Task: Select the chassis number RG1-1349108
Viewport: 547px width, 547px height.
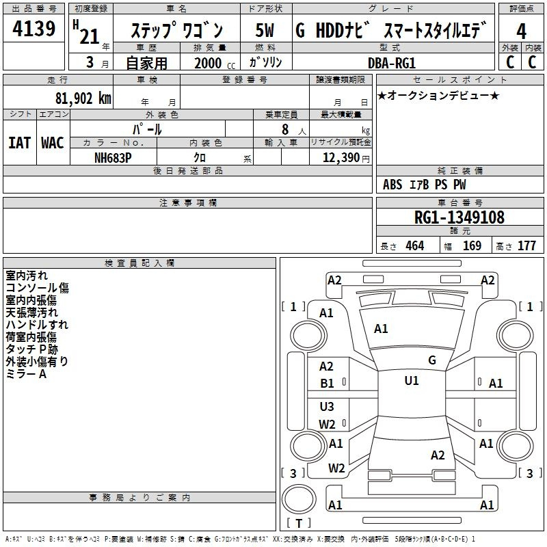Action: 459,217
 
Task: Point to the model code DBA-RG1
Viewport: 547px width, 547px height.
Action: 392,62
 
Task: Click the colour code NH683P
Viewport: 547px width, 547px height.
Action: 113,157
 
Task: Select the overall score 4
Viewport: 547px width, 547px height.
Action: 521,31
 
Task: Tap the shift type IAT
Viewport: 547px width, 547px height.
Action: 18,142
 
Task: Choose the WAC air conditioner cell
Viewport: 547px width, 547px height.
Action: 52,142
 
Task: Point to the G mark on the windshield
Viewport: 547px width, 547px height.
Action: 432,360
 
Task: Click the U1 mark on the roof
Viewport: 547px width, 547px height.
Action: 412,381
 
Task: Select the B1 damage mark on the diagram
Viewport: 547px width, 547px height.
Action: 328,384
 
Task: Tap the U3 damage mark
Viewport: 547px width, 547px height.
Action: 327,407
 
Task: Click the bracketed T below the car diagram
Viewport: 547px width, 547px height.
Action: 298,524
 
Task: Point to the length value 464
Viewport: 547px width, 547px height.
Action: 414,245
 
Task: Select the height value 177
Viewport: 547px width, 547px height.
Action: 526,245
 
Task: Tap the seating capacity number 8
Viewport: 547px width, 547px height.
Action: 284,129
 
